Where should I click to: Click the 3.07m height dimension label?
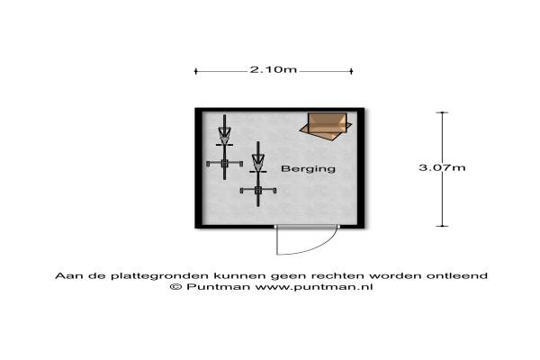coord(441,167)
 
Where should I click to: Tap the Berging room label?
coord(309,168)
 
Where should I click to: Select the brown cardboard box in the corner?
coord(327,125)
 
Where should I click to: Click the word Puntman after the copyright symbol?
coord(208,287)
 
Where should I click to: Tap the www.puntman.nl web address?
coord(302,287)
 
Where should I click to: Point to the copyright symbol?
coord(175,287)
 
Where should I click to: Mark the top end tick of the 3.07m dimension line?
coord(441,109)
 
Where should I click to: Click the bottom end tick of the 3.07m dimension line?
coord(441,227)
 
